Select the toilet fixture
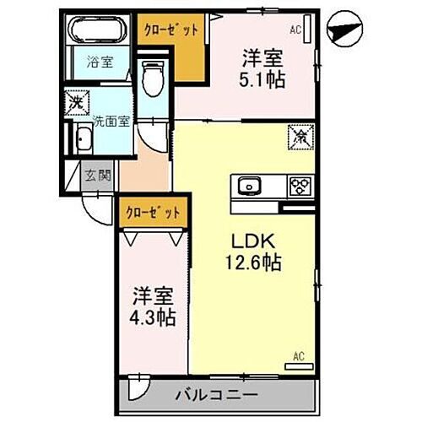(153, 78)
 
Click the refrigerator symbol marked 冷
(299, 134)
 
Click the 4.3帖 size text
(154, 318)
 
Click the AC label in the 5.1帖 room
(295, 30)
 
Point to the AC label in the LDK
(298, 355)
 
